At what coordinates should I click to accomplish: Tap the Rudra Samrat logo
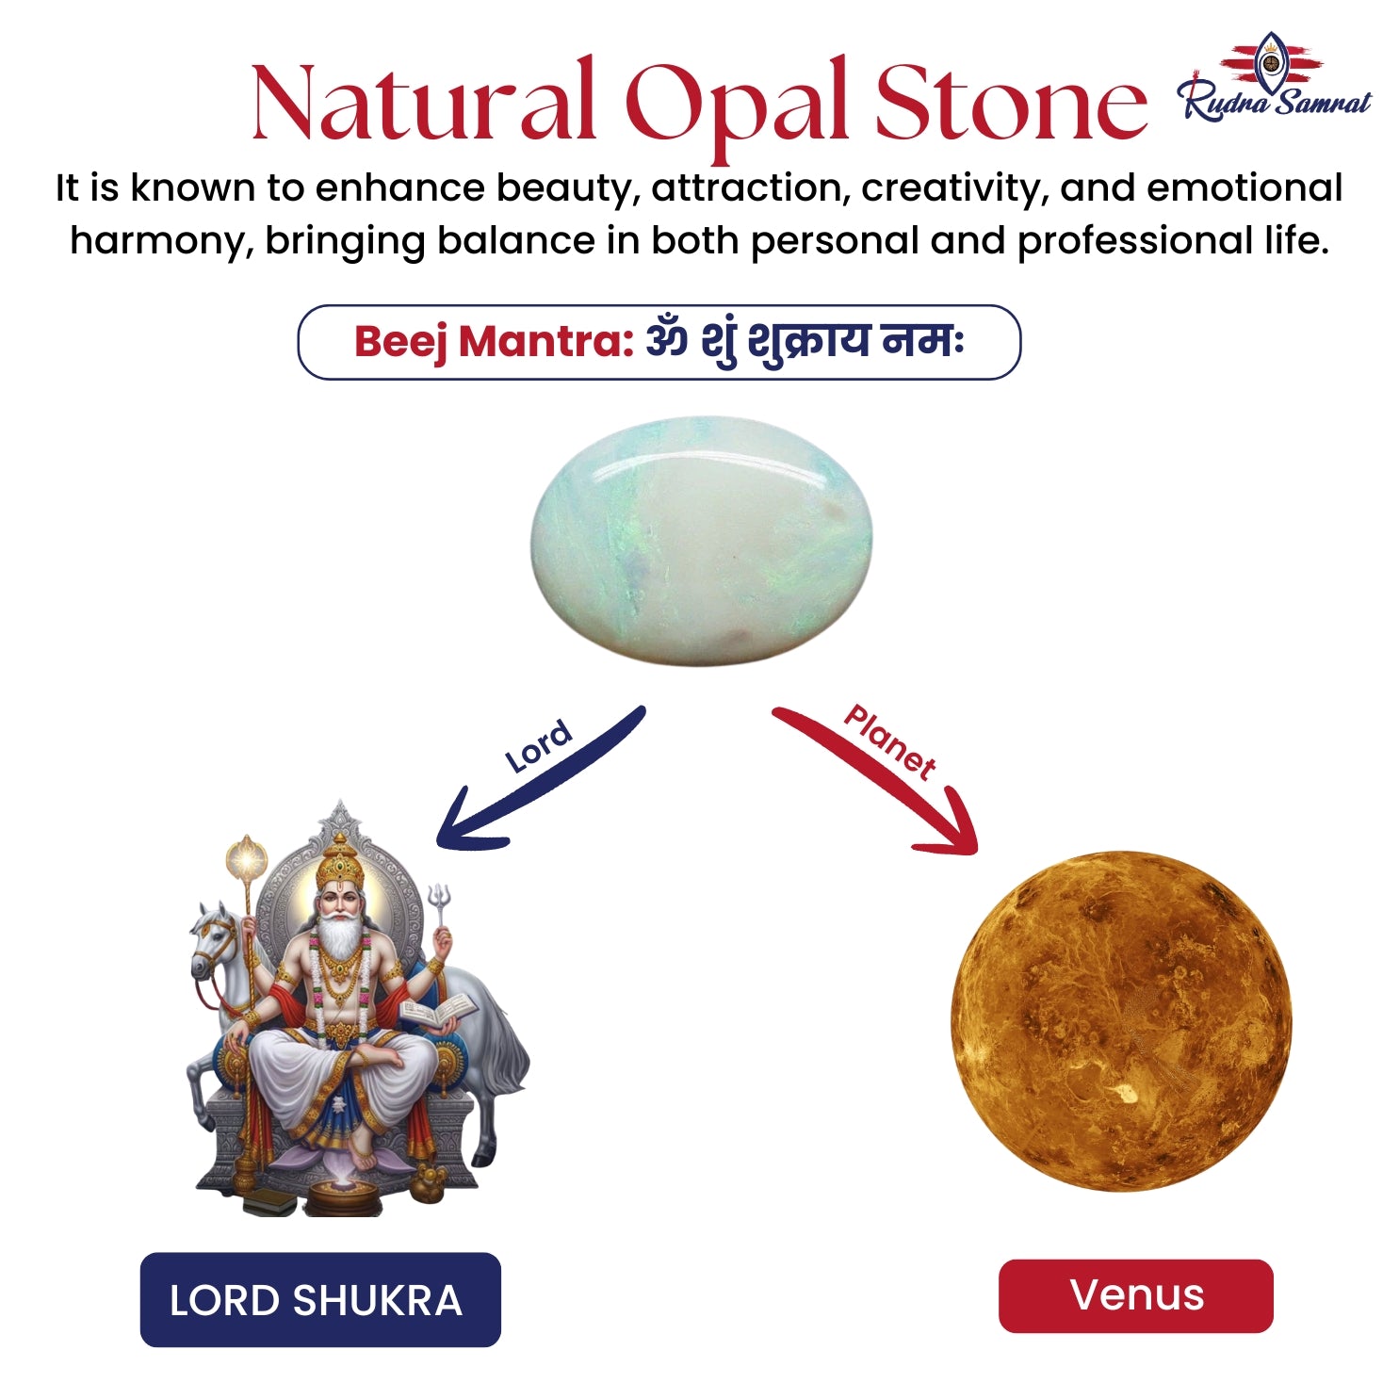point(1275,76)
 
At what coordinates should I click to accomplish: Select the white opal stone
point(701,542)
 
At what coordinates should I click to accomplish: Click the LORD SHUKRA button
point(320,1299)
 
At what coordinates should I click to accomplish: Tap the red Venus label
point(1136,1295)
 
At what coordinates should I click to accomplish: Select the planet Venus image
point(1121,1021)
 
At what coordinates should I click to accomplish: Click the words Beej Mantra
point(494,342)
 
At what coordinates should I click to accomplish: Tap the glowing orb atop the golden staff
point(247,858)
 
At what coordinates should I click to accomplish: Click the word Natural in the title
point(424,100)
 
